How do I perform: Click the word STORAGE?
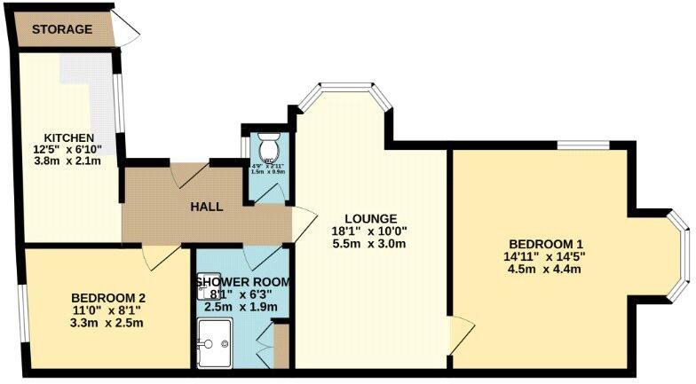point(62,29)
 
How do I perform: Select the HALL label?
point(206,207)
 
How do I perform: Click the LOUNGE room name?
point(372,218)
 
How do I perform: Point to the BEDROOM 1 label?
point(546,245)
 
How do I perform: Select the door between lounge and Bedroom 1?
point(459,332)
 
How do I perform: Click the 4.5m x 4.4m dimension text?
point(546,270)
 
